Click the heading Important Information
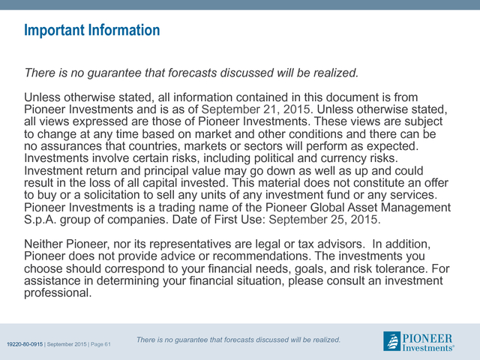91,30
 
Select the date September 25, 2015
325,220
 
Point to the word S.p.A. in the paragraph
40,220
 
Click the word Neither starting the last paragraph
43,244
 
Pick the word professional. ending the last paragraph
58,293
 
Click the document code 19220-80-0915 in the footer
25,344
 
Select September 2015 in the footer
67,344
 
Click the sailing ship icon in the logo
391,341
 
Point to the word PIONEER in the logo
427,338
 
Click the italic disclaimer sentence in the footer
238,340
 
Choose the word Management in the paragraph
415,208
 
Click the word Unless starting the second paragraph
42,97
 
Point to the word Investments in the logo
427,348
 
